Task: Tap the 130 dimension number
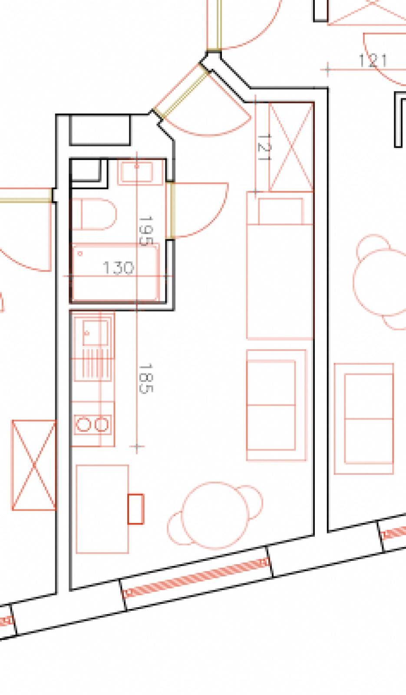point(118,268)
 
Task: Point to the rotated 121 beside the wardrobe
point(264,147)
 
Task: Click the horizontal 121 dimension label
point(373,61)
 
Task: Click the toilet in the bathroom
point(94,214)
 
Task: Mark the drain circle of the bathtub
point(80,254)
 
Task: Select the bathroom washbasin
point(140,172)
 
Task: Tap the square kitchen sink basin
point(95,333)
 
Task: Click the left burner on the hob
point(83,424)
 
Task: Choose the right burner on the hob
point(102,424)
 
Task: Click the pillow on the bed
point(281,211)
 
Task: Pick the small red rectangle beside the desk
point(136,509)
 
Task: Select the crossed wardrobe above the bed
point(291,147)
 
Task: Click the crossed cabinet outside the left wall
point(34,465)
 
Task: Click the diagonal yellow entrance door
point(181,93)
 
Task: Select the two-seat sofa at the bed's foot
point(277,405)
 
